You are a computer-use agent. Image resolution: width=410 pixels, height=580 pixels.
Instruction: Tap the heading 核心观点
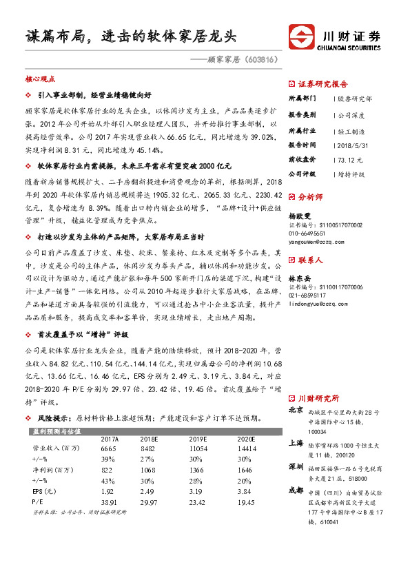click(x=39, y=80)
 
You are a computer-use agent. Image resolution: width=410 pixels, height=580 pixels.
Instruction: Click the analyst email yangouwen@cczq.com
click(x=318, y=242)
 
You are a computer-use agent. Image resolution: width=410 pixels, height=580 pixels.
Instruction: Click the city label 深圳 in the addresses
click(x=295, y=467)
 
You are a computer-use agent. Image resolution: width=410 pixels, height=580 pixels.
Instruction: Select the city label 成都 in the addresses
click(x=295, y=491)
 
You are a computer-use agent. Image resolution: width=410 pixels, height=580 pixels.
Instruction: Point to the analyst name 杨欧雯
click(x=298, y=216)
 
